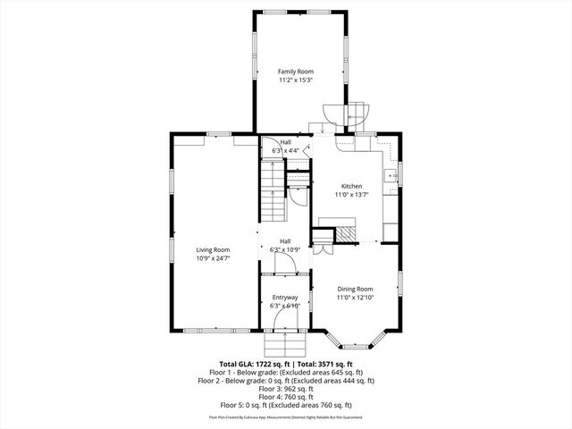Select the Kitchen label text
(351, 186)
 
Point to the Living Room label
(214, 249)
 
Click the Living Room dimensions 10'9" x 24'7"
(214, 258)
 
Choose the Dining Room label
(355, 289)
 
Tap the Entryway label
(285, 297)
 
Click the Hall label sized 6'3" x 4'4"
(285, 142)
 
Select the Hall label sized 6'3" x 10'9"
(285, 240)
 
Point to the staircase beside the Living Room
(272, 187)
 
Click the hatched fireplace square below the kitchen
(345, 233)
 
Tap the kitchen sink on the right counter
(391, 176)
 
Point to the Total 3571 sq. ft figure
(325, 365)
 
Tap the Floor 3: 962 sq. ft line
(286, 389)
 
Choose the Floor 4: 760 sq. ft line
(286, 397)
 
